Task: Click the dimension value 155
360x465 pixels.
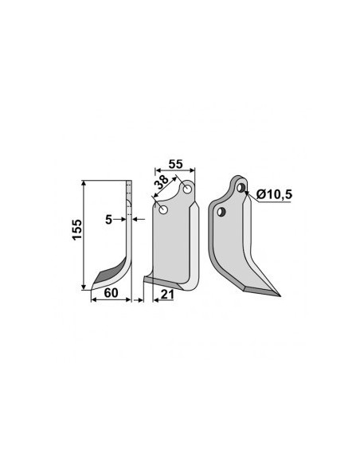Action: click(77, 230)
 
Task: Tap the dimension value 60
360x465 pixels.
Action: click(112, 293)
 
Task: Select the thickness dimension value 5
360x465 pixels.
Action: click(109, 220)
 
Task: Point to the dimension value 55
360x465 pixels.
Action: click(175, 164)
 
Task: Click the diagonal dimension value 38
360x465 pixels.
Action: click(162, 182)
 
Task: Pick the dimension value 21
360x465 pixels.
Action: click(167, 295)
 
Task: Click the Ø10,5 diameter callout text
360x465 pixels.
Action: click(274, 194)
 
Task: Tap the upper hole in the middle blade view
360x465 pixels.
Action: click(187, 190)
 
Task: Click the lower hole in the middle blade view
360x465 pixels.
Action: click(163, 210)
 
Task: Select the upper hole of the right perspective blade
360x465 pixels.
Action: click(241, 187)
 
